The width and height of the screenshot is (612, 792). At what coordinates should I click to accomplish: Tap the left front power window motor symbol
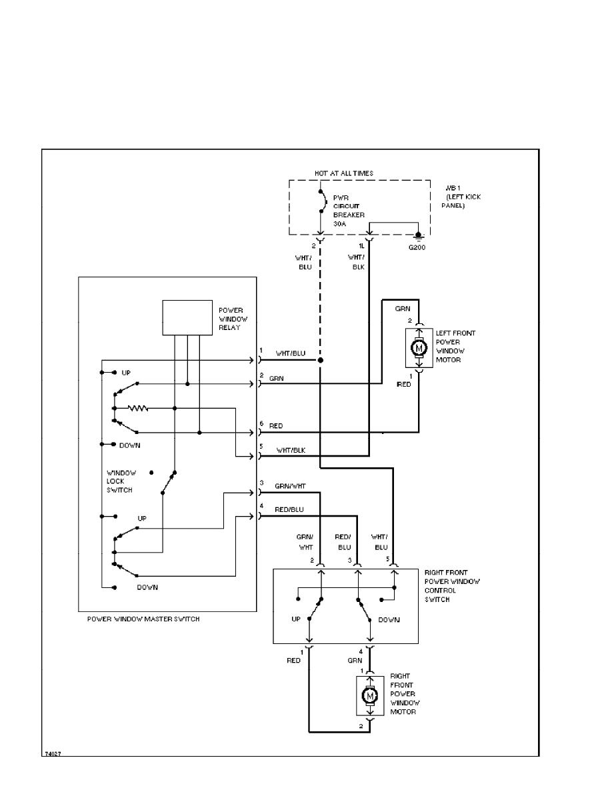419,347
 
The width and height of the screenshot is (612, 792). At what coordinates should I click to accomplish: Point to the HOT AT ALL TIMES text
344,173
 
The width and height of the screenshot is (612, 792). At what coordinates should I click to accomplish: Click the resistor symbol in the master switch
138,408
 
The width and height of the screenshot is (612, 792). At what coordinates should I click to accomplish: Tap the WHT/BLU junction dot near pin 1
321,361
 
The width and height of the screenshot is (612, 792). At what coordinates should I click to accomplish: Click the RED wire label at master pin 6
276,425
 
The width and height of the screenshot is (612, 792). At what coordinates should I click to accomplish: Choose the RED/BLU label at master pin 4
289,509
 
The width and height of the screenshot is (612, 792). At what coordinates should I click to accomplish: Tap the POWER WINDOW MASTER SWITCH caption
143,619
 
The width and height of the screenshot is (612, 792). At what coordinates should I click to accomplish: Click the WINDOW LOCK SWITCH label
121,481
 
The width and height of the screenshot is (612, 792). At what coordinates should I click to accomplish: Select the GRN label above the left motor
402,309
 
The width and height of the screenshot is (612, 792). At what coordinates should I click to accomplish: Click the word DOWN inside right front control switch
389,620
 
